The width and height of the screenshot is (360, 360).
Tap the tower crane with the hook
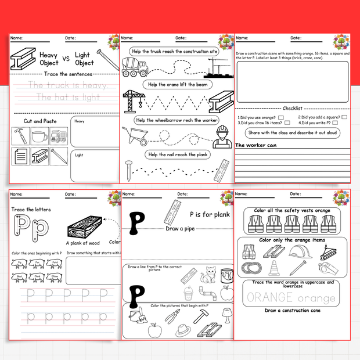[134, 100]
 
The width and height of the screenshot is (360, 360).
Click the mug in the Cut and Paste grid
[39, 137]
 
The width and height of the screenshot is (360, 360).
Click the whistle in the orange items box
[327, 268]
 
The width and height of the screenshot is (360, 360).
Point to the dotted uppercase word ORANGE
[269, 298]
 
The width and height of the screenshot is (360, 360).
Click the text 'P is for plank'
[210, 214]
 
